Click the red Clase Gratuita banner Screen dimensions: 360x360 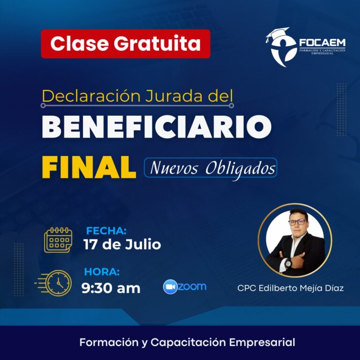point(126,44)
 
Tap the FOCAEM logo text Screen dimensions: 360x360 point(322,43)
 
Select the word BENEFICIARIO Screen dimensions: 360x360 point(157,127)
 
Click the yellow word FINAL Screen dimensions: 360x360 point(89,167)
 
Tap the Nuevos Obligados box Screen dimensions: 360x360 point(210,168)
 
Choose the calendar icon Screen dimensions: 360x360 point(58,240)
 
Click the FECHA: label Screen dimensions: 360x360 point(106,231)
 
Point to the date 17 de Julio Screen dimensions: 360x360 point(122,244)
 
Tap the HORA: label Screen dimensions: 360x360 point(102,272)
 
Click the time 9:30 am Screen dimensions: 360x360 point(111,288)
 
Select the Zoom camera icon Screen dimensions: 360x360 point(170,287)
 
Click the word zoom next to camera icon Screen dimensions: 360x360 point(192,286)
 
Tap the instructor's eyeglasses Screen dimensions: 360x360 point(297,222)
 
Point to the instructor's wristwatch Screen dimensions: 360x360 point(287,263)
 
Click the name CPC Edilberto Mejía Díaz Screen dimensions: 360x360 point(291,288)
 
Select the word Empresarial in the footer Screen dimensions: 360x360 point(262,342)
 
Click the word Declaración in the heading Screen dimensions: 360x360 point(91,96)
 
